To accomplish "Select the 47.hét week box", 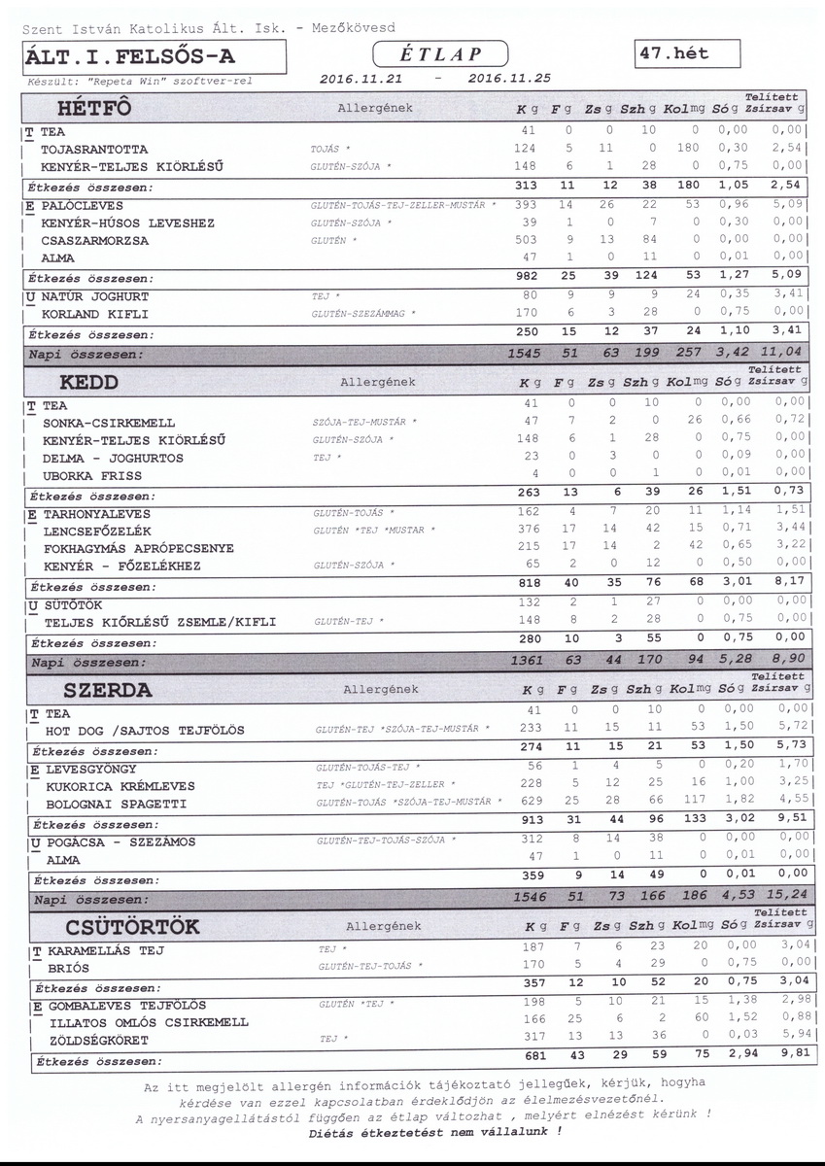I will point(685,53).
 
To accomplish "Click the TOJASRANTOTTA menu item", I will point(94,150).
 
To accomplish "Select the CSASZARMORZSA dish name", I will point(95,241).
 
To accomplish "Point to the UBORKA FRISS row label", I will point(92,476).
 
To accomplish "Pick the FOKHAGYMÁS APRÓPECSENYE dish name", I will point(139,549).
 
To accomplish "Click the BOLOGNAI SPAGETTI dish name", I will point(116,805).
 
